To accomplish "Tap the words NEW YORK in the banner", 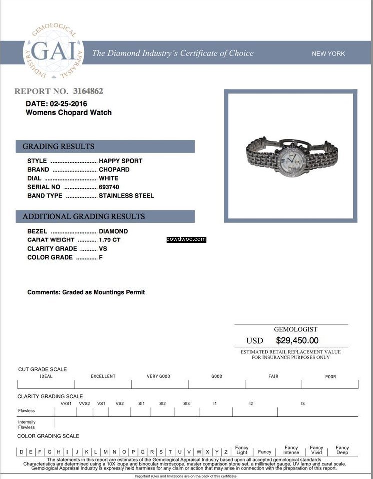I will (x=328, y=54).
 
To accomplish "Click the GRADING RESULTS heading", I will (x=58, y=146).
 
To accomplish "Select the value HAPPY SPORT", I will (x=120, y=161).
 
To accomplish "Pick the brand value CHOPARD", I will (x=114, y=170).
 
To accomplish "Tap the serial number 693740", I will (x=109, y=187).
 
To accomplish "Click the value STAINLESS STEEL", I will (x=126, y=196).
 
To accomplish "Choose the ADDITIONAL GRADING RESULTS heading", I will (x=83, y=216).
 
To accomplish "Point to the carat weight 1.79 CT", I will (x=110, y=240).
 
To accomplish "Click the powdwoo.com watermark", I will (x=186, y=239).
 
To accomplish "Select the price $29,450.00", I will (x=297, y=340).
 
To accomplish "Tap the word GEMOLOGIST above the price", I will (x=295, y=329).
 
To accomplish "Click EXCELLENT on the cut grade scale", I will (x=103, y=376).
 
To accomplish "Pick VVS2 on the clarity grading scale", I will (x=84, y=403).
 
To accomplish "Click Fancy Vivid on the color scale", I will (x=316, y=450).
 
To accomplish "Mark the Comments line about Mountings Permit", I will (x=86, y=292).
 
